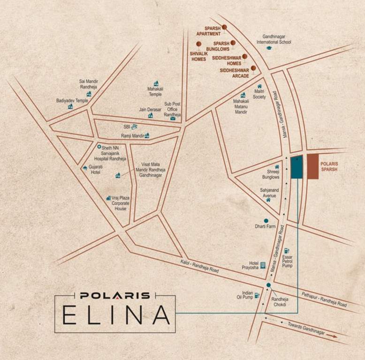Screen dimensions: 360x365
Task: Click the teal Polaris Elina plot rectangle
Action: pos(297,167)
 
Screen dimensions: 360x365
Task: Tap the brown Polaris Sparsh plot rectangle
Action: pos(313,166)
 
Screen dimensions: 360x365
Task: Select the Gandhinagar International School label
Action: pos(274,39)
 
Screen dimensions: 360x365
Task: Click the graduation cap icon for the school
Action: pos(269,48)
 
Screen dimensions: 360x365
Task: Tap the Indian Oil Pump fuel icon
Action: pos(257,295)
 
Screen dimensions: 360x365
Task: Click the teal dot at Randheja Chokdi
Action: pos(268,285)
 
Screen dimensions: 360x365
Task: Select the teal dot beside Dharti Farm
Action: pos(266,220)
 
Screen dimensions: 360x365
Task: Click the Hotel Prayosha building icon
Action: pos(263,265)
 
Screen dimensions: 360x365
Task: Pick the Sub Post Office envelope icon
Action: pos(173,118)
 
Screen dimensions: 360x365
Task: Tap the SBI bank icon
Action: pos(134,126)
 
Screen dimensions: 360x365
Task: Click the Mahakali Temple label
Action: pos(155,91)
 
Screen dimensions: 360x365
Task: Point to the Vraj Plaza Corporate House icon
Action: pos(109,198)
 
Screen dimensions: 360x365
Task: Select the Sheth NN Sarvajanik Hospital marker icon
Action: pos(99,147)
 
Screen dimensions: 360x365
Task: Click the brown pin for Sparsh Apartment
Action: pos(225,27)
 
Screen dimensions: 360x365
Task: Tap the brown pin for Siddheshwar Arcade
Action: pos(253,68)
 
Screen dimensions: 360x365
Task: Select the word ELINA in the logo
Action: pos(116,315)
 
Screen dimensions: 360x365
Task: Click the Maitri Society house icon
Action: pos(259,86)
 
